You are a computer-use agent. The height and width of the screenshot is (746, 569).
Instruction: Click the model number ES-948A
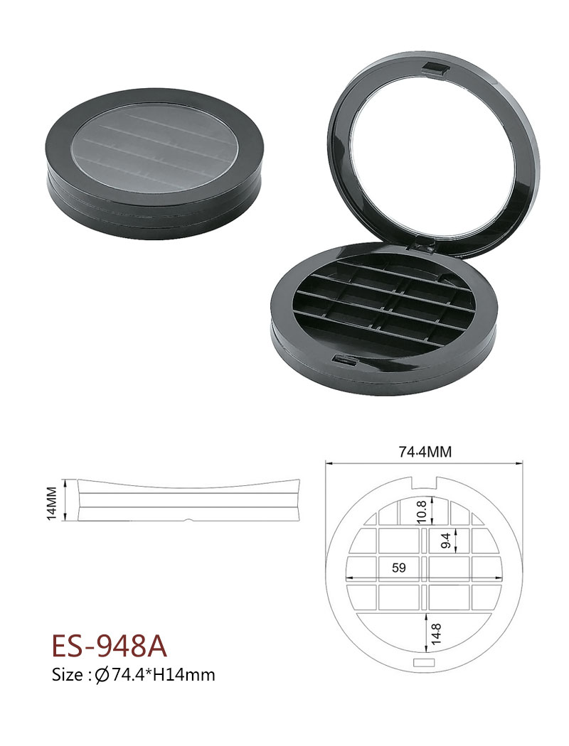pos(110,646)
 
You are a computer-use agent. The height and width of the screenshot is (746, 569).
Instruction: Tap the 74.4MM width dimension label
pos(425,451)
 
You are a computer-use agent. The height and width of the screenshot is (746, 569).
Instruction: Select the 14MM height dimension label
pos(53,502)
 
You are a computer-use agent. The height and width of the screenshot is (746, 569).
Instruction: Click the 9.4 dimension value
pos(445,540)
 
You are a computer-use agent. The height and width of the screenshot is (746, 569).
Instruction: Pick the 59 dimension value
pos(399,568)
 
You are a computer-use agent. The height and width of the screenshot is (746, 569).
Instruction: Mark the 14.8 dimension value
pos(437,634)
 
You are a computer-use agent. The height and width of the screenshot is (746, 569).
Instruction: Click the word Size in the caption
pos(68,675)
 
